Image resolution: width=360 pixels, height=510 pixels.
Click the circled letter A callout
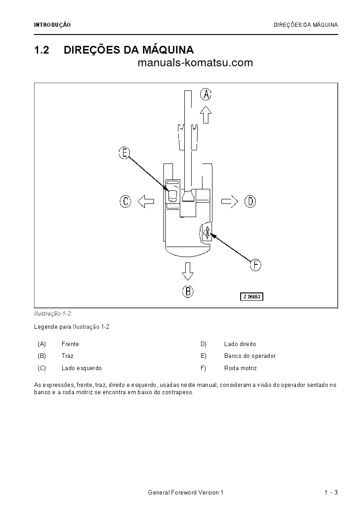coord(206,94)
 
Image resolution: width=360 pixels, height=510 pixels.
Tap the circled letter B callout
coord(187,291)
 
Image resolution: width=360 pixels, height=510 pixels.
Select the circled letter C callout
coord(126,201)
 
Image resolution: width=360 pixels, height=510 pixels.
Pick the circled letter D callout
coord(250,201)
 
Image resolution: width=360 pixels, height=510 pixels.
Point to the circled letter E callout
coord(124,153)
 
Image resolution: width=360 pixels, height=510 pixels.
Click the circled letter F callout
coord(256,265)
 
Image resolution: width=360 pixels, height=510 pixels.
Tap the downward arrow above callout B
coord(187,271)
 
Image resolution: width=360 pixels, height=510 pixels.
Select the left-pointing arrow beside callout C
coord(146,201)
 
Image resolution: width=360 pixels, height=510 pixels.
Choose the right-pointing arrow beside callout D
coord(230,201)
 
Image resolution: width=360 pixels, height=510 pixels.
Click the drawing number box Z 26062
coord(252,297)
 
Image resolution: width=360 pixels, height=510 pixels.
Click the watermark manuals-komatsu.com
coord(195,63)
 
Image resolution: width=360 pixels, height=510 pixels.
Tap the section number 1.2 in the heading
coord(41,50)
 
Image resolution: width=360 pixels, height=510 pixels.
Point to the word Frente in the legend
coord(70,344)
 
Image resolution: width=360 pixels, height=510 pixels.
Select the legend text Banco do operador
coord(250,356)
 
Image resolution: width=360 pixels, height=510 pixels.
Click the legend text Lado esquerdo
coord(81,368)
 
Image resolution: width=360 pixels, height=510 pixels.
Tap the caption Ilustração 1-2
coord(52,314)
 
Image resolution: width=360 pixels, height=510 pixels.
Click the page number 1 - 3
coord(331,493)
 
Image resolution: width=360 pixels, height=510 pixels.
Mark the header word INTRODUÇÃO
coord(52,25)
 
